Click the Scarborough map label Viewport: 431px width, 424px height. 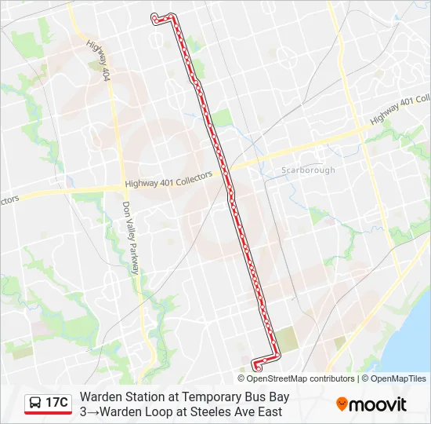308,170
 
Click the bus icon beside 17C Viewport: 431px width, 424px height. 35,403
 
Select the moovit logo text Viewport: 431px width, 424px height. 378,404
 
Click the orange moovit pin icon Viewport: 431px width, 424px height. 342,404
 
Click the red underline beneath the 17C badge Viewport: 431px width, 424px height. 48,413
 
